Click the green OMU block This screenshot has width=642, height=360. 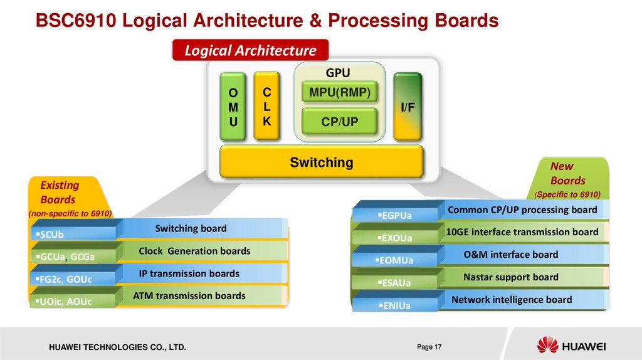233,107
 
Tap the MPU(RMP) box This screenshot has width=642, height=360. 340,93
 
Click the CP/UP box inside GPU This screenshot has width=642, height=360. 340,122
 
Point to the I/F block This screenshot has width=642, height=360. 408,107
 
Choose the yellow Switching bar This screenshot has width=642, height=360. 322,163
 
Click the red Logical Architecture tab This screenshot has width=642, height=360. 250,51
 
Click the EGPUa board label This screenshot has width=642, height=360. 396,216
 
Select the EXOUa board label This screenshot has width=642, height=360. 396,239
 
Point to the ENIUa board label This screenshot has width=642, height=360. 395,306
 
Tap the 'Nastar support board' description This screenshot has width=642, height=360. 510,277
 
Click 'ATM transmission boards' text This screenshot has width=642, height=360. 189,295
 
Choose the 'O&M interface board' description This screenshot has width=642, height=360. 510,255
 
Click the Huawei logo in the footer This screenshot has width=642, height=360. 571,346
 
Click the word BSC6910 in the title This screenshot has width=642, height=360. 76,21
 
